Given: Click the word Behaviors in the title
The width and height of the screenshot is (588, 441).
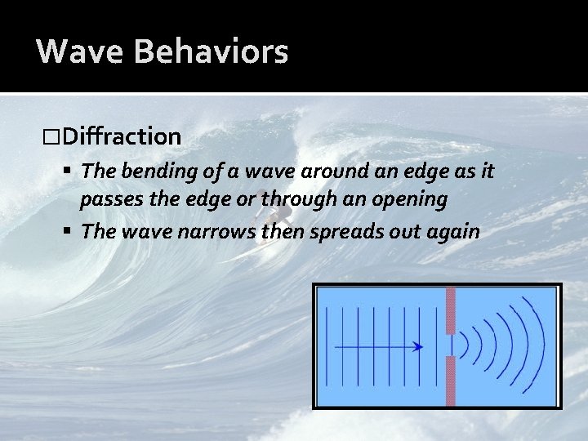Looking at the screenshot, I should click(211, 51).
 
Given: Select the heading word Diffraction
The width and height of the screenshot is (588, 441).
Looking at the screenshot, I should click(122, 136).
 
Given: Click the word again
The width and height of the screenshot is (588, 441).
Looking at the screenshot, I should click(451, 231).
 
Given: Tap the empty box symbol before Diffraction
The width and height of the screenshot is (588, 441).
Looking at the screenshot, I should click(53, 136).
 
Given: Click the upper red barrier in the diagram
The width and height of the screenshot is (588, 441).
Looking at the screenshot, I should click(450, 310).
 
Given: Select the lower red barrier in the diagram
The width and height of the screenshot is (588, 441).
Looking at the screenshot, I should click(450, 381).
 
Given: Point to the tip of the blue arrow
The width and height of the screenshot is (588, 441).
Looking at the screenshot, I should click(421, 346).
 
